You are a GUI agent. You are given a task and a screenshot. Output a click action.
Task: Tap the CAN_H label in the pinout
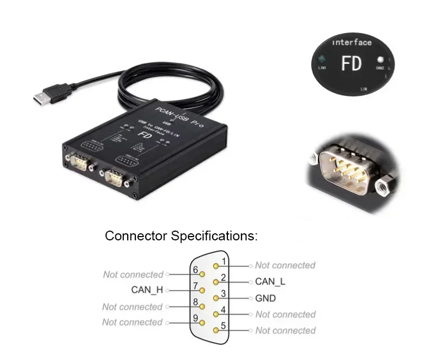(147, 290)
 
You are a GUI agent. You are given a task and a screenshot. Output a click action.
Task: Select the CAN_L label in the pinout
(270, 282)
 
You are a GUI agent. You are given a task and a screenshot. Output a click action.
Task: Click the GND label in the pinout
(265, 298)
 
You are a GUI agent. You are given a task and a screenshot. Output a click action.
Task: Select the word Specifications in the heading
(214, 236)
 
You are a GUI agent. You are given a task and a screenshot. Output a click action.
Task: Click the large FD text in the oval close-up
(351, 63)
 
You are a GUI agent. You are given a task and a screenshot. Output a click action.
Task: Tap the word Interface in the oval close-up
(352, 42)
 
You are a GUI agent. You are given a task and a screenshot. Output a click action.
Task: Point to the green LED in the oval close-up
(322, 59)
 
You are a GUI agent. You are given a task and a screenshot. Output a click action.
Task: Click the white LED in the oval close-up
(380, 60)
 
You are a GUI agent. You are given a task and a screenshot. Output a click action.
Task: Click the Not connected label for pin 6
(133, 274)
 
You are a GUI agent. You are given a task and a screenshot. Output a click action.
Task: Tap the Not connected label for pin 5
(285, 330)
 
